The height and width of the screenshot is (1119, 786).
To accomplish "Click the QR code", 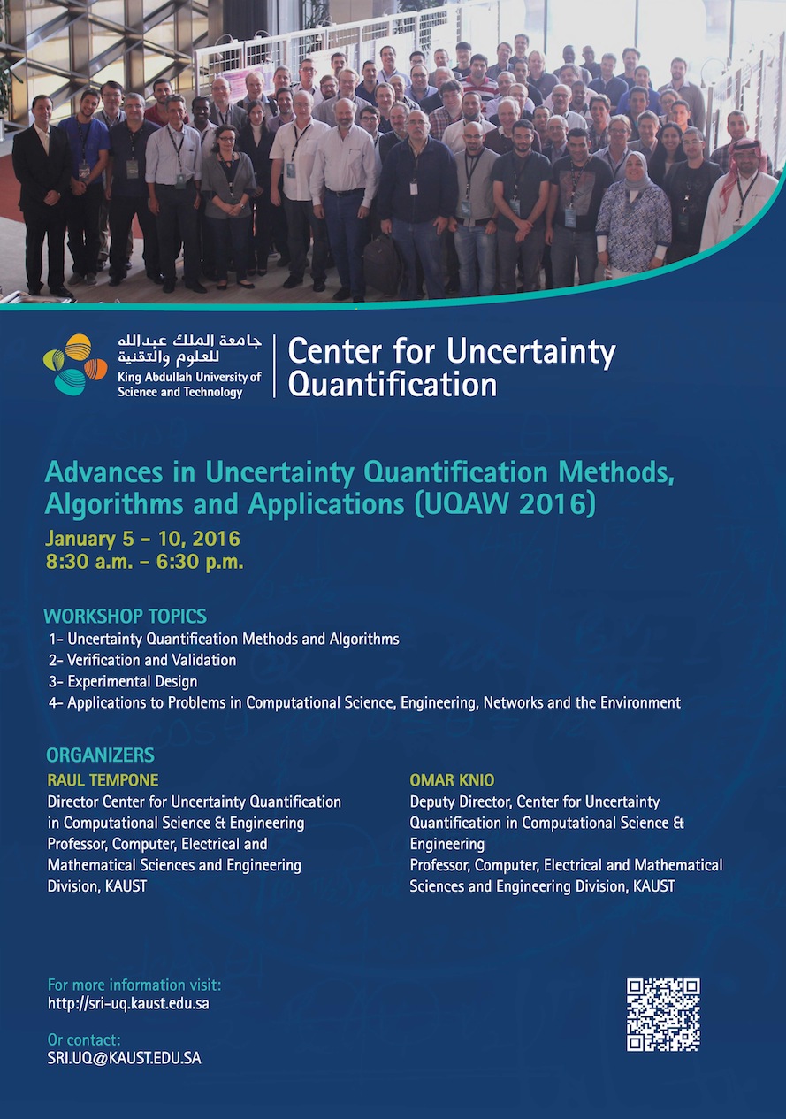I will click(x=663, y=1014).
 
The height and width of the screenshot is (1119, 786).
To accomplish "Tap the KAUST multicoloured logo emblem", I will click(x=75, y=364).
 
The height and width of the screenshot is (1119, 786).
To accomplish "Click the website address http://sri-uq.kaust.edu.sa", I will click(x=128, y=1003).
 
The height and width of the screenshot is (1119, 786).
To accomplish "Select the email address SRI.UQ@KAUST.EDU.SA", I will click(x=124, y=1058).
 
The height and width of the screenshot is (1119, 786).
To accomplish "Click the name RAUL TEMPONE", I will click(x=103, y=780).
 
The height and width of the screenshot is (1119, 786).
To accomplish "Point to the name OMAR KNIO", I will click(x=452, y=780).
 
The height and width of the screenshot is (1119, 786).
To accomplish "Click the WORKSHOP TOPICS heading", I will click(x=126, y=617).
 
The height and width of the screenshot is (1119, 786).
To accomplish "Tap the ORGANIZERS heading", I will click(x=100, y=755).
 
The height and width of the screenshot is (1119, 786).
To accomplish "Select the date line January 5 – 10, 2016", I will click(x=143, y=539).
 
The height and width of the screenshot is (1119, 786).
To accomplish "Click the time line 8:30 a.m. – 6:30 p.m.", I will click(x=145, y=561).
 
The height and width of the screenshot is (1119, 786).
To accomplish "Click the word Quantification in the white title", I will click(x=392, y=384).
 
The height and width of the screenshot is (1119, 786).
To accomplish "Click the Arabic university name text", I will click(x=190, y=351).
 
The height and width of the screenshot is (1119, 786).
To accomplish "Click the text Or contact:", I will click(x=84, y=1039).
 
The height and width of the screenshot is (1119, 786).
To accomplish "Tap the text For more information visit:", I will click(x=134, y=985).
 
